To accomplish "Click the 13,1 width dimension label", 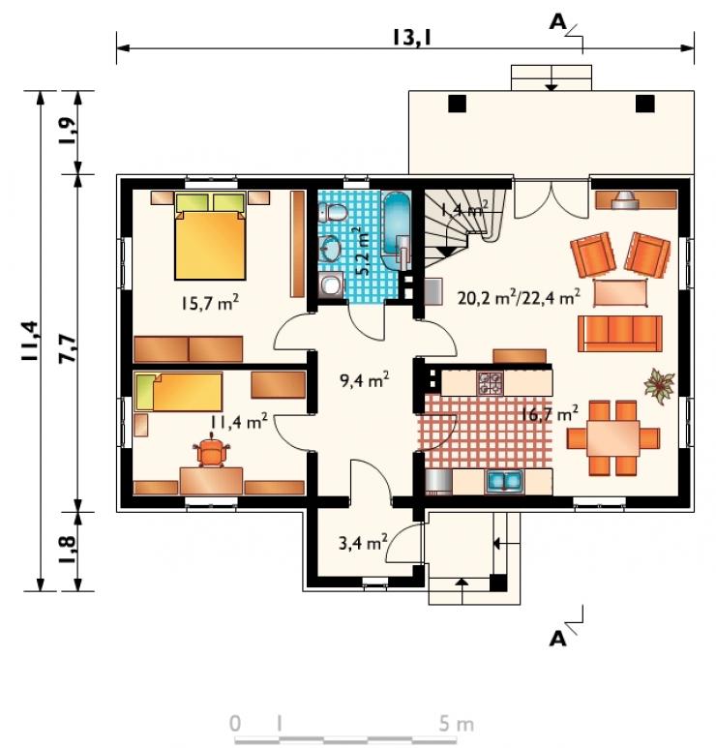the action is pyautogui.click(x=411, y=37).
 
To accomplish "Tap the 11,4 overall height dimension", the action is pyautogui.click(x=31, y=341).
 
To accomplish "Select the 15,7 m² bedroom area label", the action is pyautogui.click(x=209, y=303).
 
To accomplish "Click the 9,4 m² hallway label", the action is pyautogui.click(x=364, y=380).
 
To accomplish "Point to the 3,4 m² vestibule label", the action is pyautogui.click(x=363, y=543).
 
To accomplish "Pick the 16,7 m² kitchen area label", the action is pyautogui.click(x=549, y=413).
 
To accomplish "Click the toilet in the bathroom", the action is pyautogui.click(x=333, y=212).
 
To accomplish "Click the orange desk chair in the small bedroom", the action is pyautogui.click(x=211, y=451).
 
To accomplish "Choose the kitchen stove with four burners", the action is pyautogui.click(x=491, y=383).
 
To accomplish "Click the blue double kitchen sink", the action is pyautogui.click(x=504, y=481).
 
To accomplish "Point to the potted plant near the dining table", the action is pyautogui.click(x=659, y=383).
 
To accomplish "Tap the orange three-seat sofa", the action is pyautogui.click(x=619, y=334).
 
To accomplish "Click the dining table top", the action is pyautogui.click(x=613, y=438).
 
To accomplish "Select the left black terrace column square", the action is pyautogui.click(x=457, y=104).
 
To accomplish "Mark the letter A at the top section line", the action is pyautogui.click(x=557, y=22).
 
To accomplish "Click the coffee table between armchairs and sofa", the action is pyautogui.click(x=620, y=293).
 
